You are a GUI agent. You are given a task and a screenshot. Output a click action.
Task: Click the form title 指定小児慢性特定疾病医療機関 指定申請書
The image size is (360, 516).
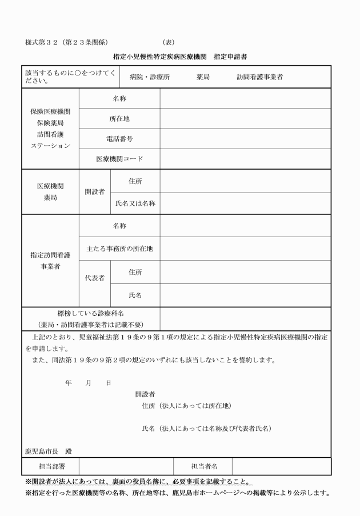click(180, 57)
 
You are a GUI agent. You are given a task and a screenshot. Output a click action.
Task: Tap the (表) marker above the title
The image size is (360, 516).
click(169, 42)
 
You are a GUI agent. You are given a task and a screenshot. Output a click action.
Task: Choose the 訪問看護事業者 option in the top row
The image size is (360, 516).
click(260, 77)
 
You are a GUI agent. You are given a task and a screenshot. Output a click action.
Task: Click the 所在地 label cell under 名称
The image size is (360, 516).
click(119, 119)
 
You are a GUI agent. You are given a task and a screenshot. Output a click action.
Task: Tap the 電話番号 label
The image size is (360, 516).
click(119, 139)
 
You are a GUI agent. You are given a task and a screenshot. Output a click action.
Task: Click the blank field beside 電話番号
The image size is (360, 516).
click(245, 139)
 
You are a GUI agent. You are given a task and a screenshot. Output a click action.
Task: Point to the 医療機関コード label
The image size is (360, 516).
click(119, 159)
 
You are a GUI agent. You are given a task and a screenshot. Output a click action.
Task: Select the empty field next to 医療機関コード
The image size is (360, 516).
click(245, 159)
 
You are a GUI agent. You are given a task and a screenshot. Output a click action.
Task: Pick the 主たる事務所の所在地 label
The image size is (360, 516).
click(119, 249)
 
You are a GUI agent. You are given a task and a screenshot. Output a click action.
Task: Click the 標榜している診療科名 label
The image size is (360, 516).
click(91, 314)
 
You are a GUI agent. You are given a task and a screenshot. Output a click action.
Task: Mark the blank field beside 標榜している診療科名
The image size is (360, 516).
click(245, 319)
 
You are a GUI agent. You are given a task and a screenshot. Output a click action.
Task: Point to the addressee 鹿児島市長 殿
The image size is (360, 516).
click(49, 450)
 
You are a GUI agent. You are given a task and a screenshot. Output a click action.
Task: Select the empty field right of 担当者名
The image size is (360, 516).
click(281, 467)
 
